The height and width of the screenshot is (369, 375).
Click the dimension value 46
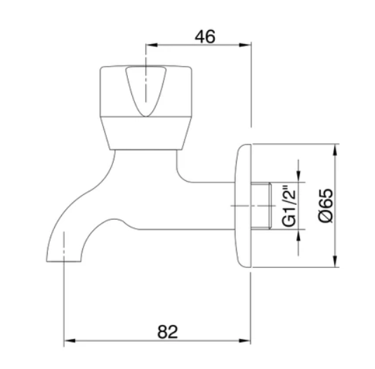click(205, 36)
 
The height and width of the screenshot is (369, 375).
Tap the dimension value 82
click(167, 332)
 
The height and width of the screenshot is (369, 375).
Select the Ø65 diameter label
click(326, 206)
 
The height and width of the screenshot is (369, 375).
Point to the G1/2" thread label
click(289, 206)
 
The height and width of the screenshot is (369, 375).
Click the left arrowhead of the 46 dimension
click(151, 45)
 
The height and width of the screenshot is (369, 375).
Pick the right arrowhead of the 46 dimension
click(245, 45)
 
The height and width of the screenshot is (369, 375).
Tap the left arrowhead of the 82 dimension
click(70, 340)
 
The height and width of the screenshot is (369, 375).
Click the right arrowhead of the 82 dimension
click(244, 340)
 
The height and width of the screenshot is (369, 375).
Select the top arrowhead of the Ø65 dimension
click(335, 149)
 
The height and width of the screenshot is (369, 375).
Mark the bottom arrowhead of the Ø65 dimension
click(335, 262)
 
